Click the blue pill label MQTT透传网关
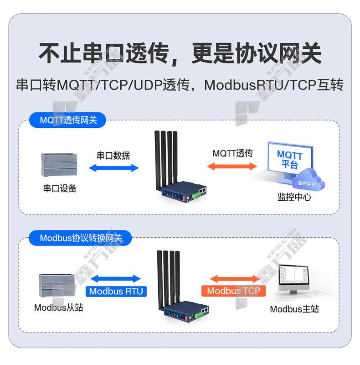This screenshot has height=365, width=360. pos(67,120)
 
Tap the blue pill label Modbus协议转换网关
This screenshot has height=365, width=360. pos(80,238)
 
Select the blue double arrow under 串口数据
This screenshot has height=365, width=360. pos(114,168)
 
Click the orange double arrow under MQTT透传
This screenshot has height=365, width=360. pos(232,166)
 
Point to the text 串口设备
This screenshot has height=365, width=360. pos(60,188)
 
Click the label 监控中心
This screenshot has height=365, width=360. pos(294,197)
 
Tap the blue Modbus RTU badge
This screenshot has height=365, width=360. pos(116,291)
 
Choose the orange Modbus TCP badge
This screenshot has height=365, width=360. pos(233,291)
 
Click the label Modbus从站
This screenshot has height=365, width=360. pos(59,308)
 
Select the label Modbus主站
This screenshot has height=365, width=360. pos(294,309)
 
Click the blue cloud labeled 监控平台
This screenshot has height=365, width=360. pos(308,180)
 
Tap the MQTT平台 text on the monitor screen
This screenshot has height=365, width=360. pos(290,159)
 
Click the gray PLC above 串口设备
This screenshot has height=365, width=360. pos(59,165)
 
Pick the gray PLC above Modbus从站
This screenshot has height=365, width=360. pos(57,286)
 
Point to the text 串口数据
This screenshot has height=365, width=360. pos(113,156)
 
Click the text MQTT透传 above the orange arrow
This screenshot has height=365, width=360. pos(232,153)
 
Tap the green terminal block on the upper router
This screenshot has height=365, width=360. pos(197,195)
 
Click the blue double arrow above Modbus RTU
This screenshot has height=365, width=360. pos(116,279)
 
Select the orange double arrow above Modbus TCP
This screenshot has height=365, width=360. pos(235,279)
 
